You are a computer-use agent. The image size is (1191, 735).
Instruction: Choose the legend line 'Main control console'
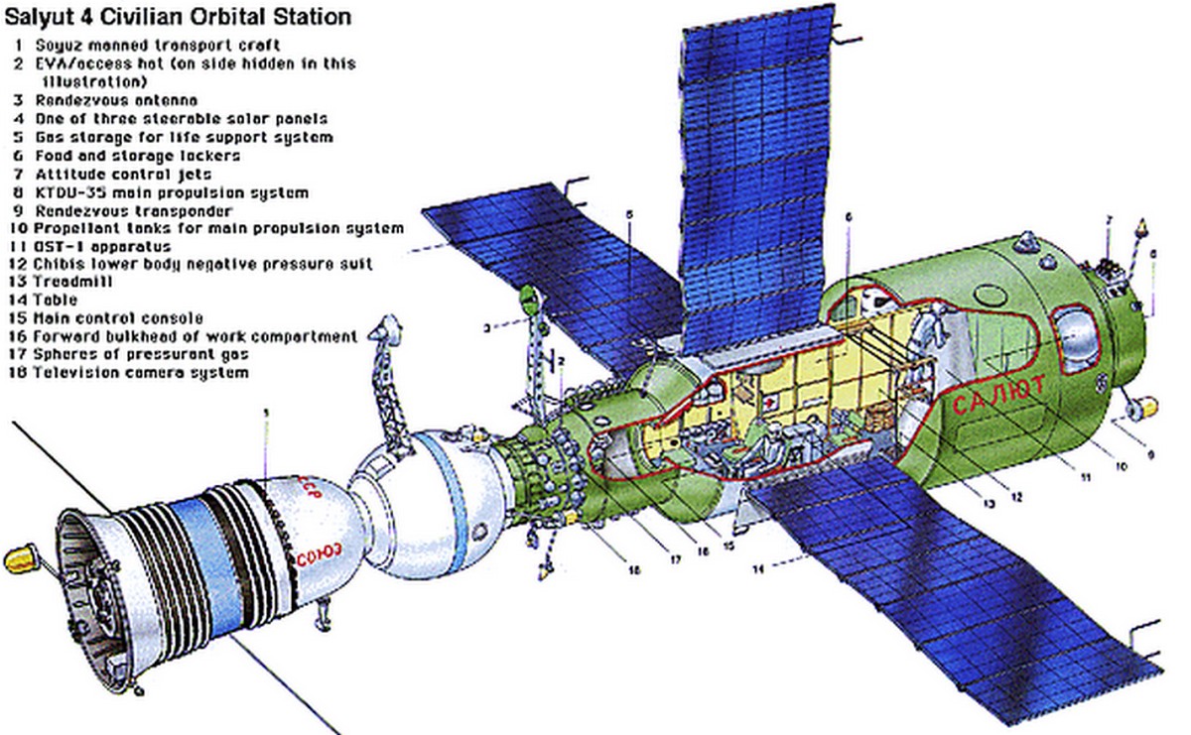pos(119,318)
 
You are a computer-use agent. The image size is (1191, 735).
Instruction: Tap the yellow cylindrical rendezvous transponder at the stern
pos(1143,407)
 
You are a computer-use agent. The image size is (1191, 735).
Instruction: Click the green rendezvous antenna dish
pos(528,297)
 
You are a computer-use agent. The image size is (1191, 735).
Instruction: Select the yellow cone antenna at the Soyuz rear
pos(19,560)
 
